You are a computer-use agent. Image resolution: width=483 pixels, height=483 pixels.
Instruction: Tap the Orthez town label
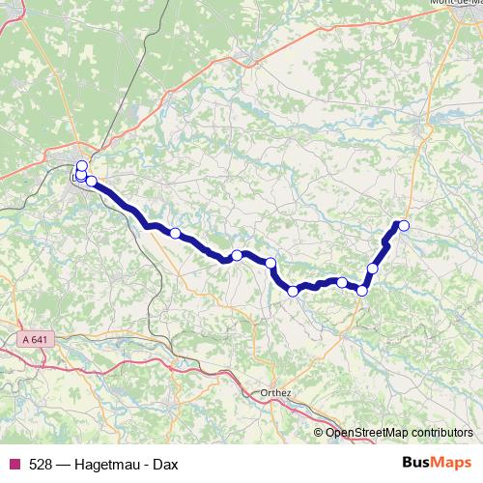[x=277, y=393]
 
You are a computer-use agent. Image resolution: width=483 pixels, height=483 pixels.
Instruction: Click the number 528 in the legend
[x=41, y=464]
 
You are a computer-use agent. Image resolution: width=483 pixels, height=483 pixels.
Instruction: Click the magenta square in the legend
[x=14, y=464]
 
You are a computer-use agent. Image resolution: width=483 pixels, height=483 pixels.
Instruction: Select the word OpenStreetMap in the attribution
[x=366, y=432]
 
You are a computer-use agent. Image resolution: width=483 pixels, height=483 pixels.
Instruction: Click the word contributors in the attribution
[x=440, y=432]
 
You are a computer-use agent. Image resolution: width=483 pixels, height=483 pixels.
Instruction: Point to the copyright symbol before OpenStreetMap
[x=319, y=432]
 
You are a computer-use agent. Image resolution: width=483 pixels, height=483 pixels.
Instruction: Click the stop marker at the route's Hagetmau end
[x=404, y=226]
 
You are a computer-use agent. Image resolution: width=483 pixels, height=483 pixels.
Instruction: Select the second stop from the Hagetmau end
[x=373, y=268]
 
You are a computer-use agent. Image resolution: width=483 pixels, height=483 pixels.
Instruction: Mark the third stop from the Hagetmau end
[x=362, y=290]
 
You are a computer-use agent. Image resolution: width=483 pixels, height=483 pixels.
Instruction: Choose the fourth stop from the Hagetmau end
[x=341, y=282]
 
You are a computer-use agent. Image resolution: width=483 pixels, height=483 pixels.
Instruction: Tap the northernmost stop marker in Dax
[x=81, y=165]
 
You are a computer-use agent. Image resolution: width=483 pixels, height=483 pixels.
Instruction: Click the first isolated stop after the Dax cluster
[x=175, y=233]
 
